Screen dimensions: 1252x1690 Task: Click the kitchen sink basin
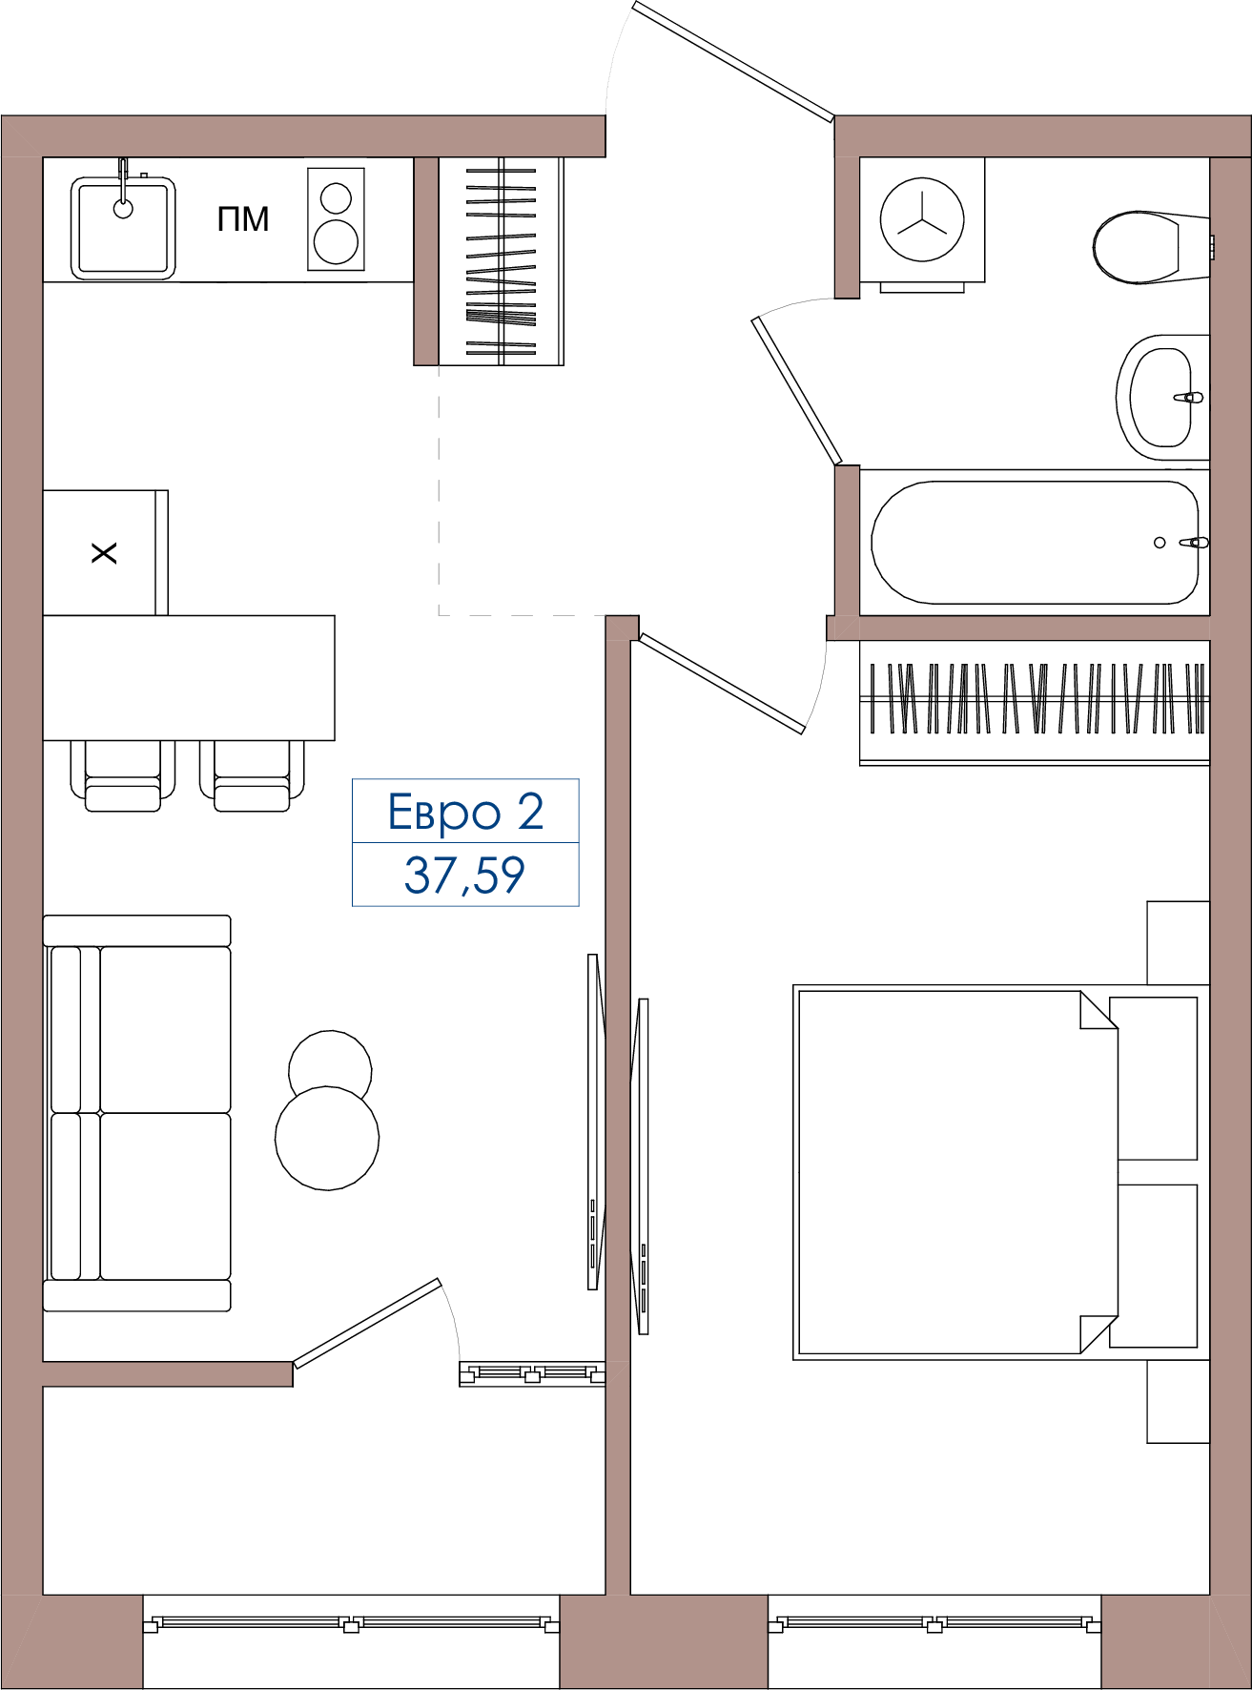tap(123, 228)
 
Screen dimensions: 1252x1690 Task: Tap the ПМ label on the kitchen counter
tap(243, 219)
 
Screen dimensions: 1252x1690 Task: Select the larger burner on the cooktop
tap(336, 241)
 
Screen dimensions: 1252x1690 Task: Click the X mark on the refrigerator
tap(104, 553)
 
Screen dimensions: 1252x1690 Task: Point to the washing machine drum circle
tap(922, 219)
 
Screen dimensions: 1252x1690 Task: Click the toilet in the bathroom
tap(1150, 248)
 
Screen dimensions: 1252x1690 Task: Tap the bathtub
tap(1035, 543)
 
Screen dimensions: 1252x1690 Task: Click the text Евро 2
tap(465, 813)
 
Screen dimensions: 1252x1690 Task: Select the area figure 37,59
tap(464, 876)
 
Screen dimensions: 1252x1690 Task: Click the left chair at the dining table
tap(123, 776)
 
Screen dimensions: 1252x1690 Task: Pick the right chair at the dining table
tap(252, 776)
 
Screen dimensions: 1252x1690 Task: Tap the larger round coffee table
tap(327, 1138)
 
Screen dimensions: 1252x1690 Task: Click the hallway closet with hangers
tap(501, 261)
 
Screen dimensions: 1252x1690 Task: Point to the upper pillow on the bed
tap(1157, 1079)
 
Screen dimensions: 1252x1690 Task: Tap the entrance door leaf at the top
tap(733, 62)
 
